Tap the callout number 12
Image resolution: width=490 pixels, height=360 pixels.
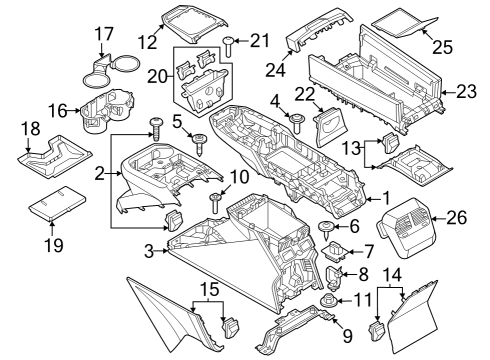click(148, 42)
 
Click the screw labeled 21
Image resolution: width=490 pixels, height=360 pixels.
click(230, 41)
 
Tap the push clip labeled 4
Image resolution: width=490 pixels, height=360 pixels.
click(297, 121)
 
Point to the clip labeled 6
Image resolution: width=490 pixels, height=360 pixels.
click(327, 228)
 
